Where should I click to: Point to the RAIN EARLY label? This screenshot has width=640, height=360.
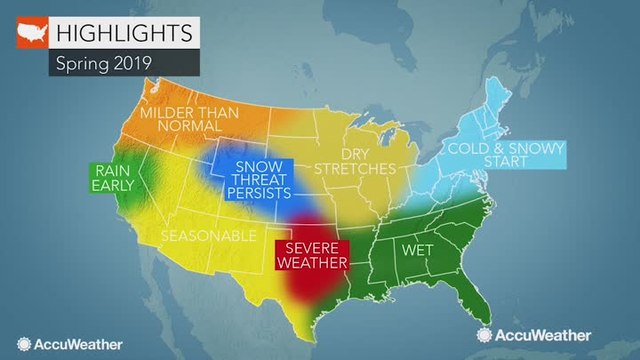coord(112,179)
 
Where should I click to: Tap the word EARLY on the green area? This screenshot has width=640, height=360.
coord(112,187)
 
